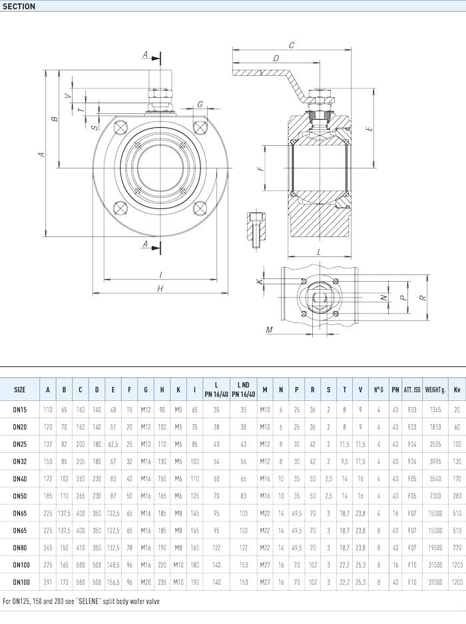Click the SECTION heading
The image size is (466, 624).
point(19,6)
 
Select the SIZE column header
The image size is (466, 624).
point(20,390)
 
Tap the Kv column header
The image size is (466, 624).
point(457,390)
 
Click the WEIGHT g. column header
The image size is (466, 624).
point(434,390)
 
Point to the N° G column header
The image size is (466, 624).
point(379,390)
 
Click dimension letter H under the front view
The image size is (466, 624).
point(160,288)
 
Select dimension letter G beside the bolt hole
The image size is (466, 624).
point(200,104)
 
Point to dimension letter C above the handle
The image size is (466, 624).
point(292,45)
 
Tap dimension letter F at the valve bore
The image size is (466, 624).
point(260,169)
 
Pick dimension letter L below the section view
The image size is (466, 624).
point(320,252)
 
